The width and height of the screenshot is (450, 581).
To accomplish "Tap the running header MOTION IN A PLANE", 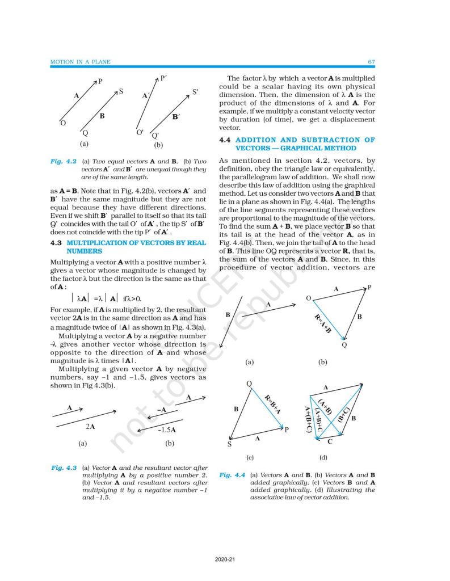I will [x=79, y=61].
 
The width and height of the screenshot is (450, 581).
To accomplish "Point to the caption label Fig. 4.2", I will [x=64, y=162].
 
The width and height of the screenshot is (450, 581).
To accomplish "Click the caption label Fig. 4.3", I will [x=64, y=468].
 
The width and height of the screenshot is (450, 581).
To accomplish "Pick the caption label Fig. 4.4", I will [x=232, y=475].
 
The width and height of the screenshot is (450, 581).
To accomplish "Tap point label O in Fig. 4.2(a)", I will [x=63, y=123].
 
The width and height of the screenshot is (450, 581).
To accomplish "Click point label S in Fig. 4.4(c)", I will [x=229, y=445].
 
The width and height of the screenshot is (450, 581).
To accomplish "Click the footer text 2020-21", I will [x=225, y=561].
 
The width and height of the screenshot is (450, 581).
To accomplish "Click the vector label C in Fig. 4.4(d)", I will [x=330, y=440].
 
